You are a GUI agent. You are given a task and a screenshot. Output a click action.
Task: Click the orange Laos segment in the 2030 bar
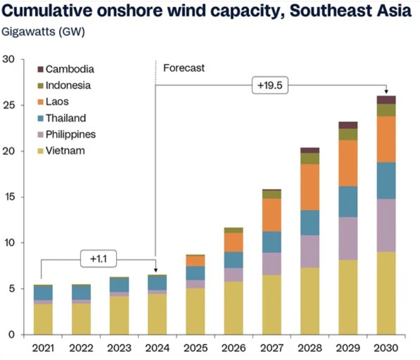(386, 139)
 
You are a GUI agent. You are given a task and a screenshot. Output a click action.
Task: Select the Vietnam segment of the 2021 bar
(43, 319)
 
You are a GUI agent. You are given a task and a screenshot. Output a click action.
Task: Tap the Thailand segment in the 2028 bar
(310, 223)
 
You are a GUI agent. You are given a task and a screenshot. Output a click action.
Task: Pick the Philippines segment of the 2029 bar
(348, 238)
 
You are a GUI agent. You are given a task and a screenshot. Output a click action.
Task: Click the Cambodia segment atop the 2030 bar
(386, 99)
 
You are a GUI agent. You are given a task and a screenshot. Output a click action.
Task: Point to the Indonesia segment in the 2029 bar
(348, 134)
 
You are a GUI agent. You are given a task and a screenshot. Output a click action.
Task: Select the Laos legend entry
(57, 102)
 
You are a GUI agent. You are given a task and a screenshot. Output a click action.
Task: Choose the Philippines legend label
(70, 134)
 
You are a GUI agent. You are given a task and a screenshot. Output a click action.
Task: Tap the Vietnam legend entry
(65, 151)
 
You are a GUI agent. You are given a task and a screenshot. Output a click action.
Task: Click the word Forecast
(184, 68)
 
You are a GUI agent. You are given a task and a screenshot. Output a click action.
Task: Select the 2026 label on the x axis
(234, 348)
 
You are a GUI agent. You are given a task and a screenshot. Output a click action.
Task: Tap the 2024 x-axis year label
(157, 348)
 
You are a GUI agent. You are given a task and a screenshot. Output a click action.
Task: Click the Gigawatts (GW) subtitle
(44, 32)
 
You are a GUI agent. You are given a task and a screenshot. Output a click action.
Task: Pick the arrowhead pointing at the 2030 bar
(386, 92)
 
